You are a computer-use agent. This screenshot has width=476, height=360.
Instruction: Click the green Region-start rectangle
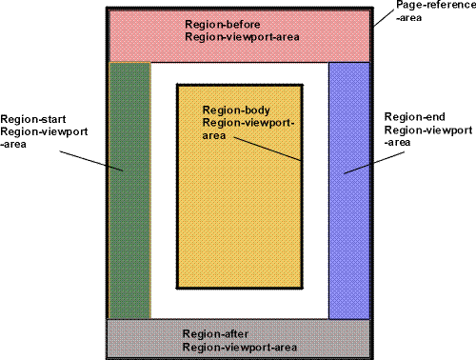[x=129, y=238]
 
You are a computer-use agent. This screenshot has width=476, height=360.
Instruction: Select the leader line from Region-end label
[x=367, y=161]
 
